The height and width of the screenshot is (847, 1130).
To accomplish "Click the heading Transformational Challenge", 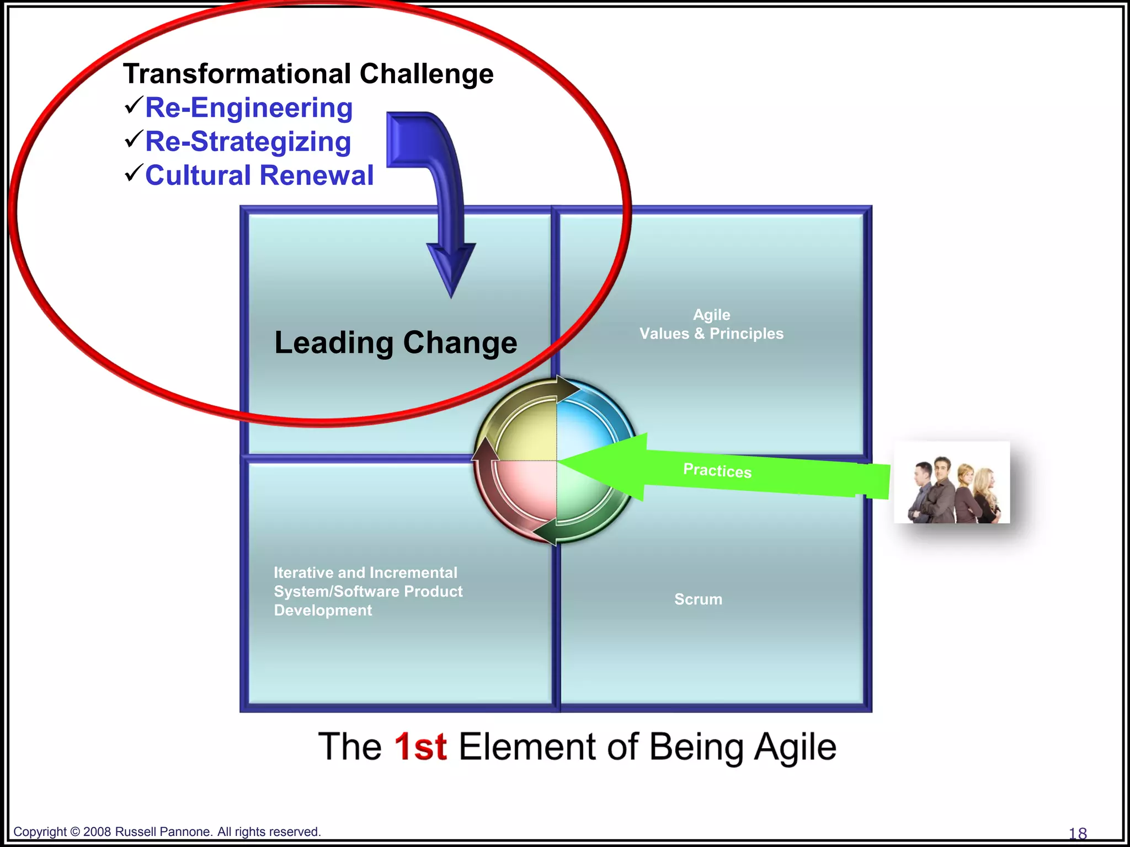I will (308, 74).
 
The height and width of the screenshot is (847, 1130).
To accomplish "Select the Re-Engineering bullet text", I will (248, 108).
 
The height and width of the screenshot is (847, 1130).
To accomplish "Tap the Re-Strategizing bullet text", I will (248, 142).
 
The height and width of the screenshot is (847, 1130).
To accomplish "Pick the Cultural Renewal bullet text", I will (259, 175).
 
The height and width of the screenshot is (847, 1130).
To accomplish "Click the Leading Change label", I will (396, 342).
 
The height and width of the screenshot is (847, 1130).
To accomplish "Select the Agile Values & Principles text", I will (711, 324).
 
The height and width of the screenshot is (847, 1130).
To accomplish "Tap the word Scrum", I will (698, 599).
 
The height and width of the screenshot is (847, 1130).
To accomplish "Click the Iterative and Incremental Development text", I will (367, 591).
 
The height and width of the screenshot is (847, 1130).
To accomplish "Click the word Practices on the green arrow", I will (717, 470).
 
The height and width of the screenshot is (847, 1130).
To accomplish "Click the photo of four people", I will (952, 483).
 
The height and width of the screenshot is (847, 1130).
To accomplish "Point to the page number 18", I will (1078, 833).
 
